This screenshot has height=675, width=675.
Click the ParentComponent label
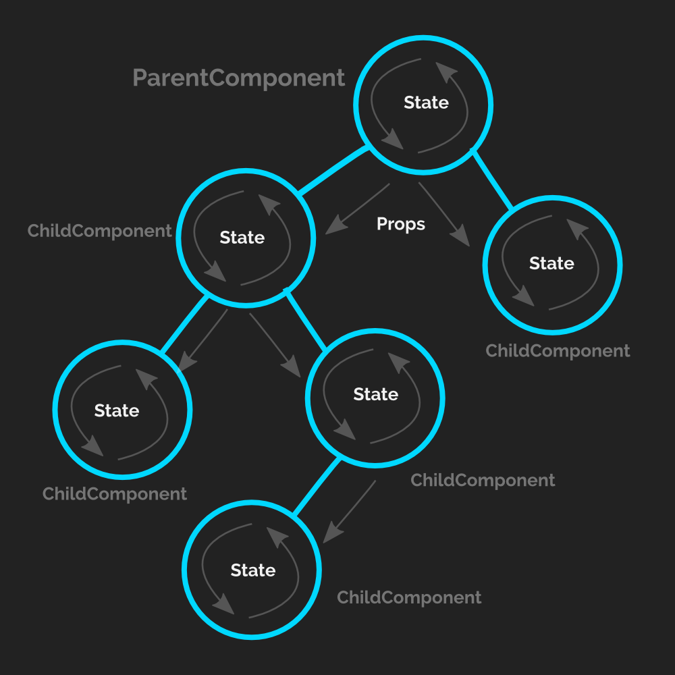click(239, 78)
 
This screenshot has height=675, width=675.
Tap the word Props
click(401, 224)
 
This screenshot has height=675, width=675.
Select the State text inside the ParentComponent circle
click(426, 103)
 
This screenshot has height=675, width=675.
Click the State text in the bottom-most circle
click(253, 570)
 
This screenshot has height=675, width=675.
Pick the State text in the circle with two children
click(242, 238)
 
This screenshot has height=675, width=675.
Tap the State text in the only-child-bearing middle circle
click(376, 394)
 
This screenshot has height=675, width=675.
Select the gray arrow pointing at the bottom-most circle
click(350, 511)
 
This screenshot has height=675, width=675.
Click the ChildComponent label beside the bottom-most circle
click(409, 597)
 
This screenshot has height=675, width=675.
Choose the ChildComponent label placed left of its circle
click(100, 231)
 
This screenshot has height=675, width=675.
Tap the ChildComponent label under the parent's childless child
click(558, 351)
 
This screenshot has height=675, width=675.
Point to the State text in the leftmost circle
click(117, 411)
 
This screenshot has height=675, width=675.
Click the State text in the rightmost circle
click(551, 263)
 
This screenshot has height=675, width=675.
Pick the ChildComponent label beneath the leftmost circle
click(115, 494)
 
